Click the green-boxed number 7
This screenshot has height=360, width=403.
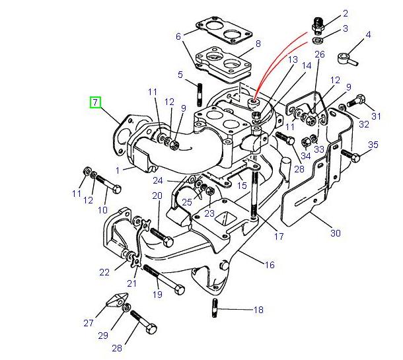pos(96,102)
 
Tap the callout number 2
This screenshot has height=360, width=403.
pos(344,13)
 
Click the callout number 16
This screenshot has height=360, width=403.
pos(269,265)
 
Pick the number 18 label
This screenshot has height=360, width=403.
pos(258,309)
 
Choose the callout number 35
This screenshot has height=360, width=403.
pos(373,145)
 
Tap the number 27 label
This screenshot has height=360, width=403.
pos(89,323)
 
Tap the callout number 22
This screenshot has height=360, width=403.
pos(104,272)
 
